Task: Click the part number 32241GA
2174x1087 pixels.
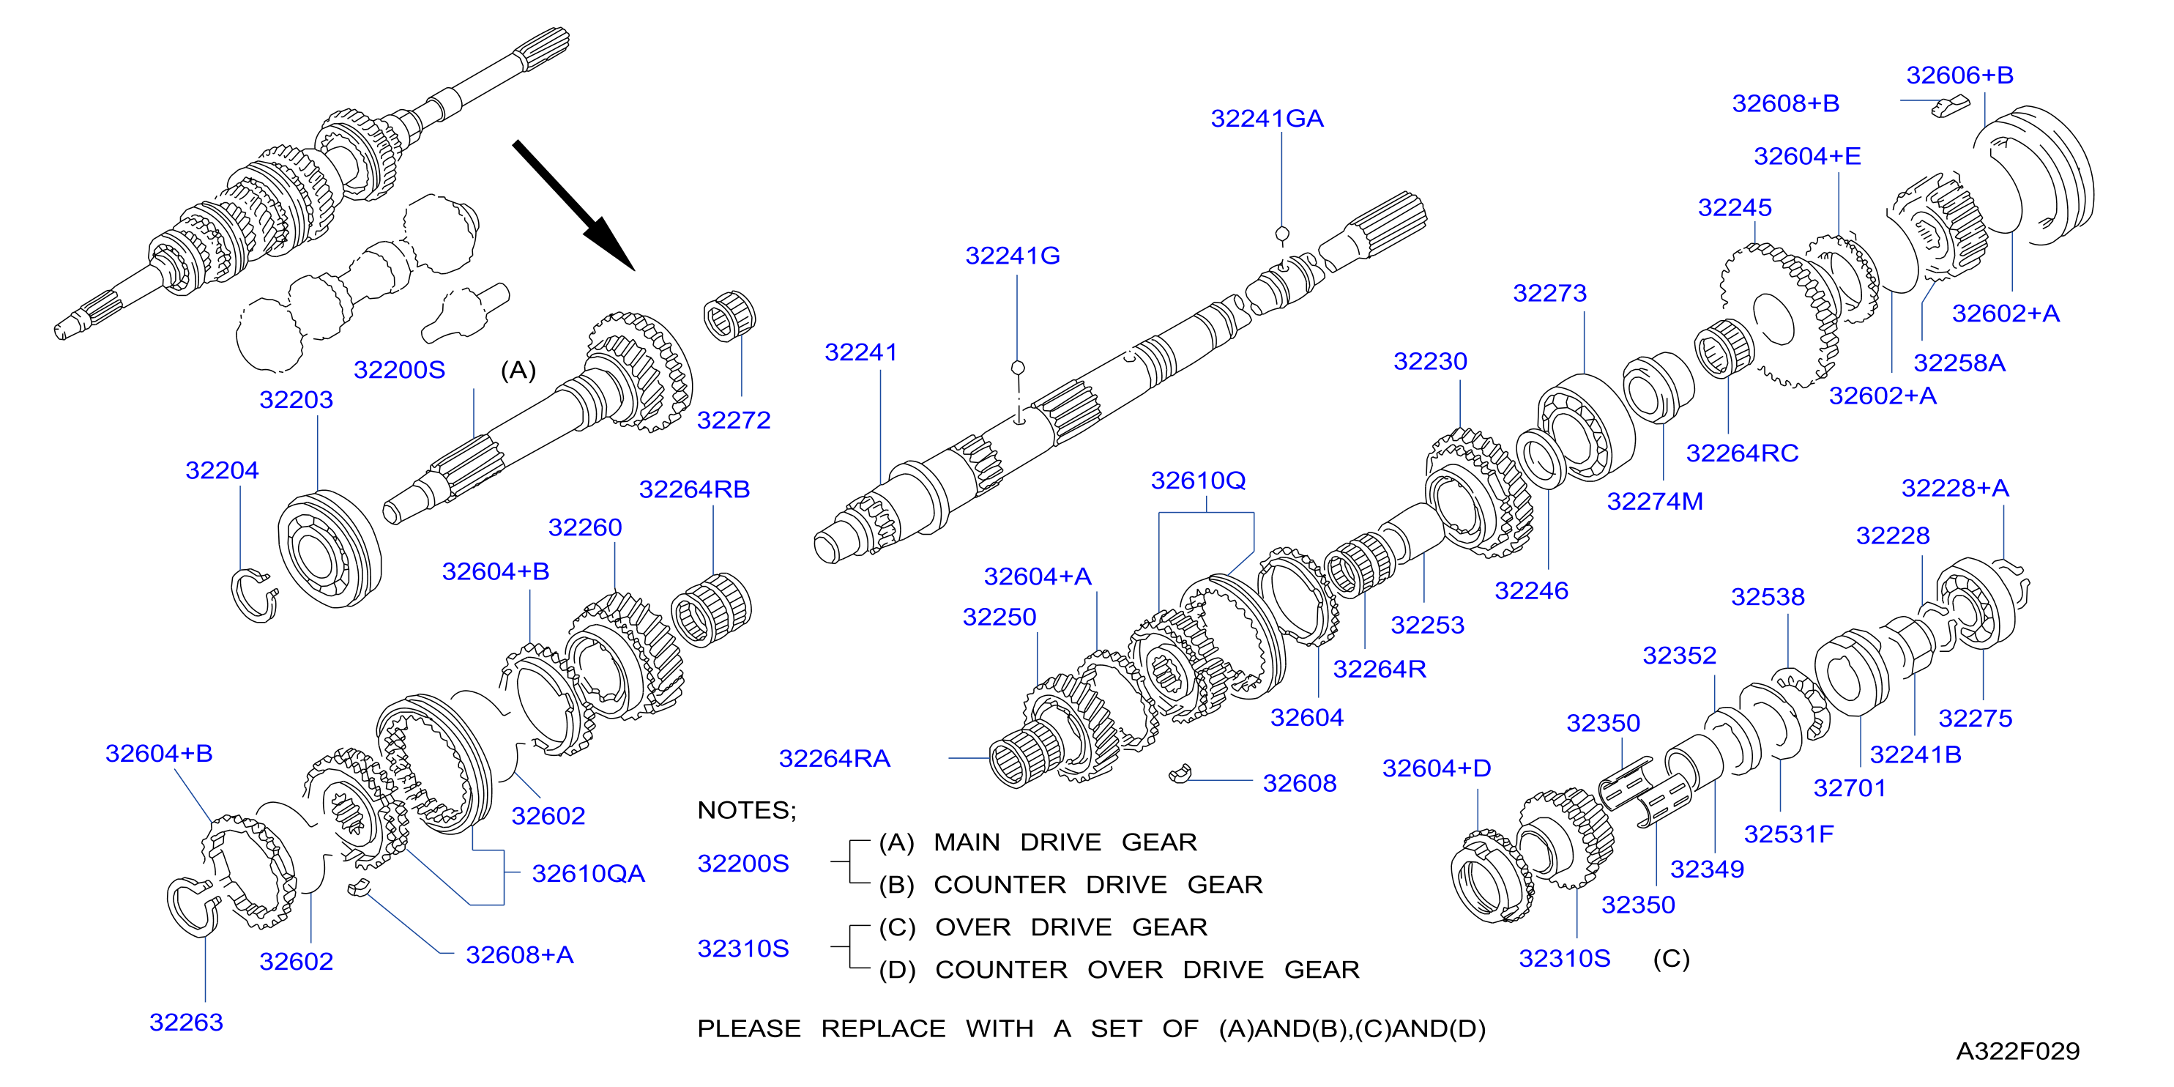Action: (1267, 119)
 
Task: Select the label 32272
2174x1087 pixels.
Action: (734, 420)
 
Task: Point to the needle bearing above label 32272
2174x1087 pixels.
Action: (730, 316)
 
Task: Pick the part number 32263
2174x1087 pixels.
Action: (186, 1022)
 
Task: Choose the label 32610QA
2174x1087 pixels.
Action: (588, 873)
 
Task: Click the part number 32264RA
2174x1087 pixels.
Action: (834, 759)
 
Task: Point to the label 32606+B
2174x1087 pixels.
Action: (1959, 75)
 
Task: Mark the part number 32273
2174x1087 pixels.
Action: (1549, 294)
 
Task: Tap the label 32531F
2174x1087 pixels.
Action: (1788, 835)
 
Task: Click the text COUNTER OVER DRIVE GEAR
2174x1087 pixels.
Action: (1147, 970)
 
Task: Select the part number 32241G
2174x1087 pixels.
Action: (1013, 256)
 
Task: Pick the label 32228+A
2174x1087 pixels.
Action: (1954, 488)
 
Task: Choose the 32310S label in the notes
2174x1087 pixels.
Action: (742, 949)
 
